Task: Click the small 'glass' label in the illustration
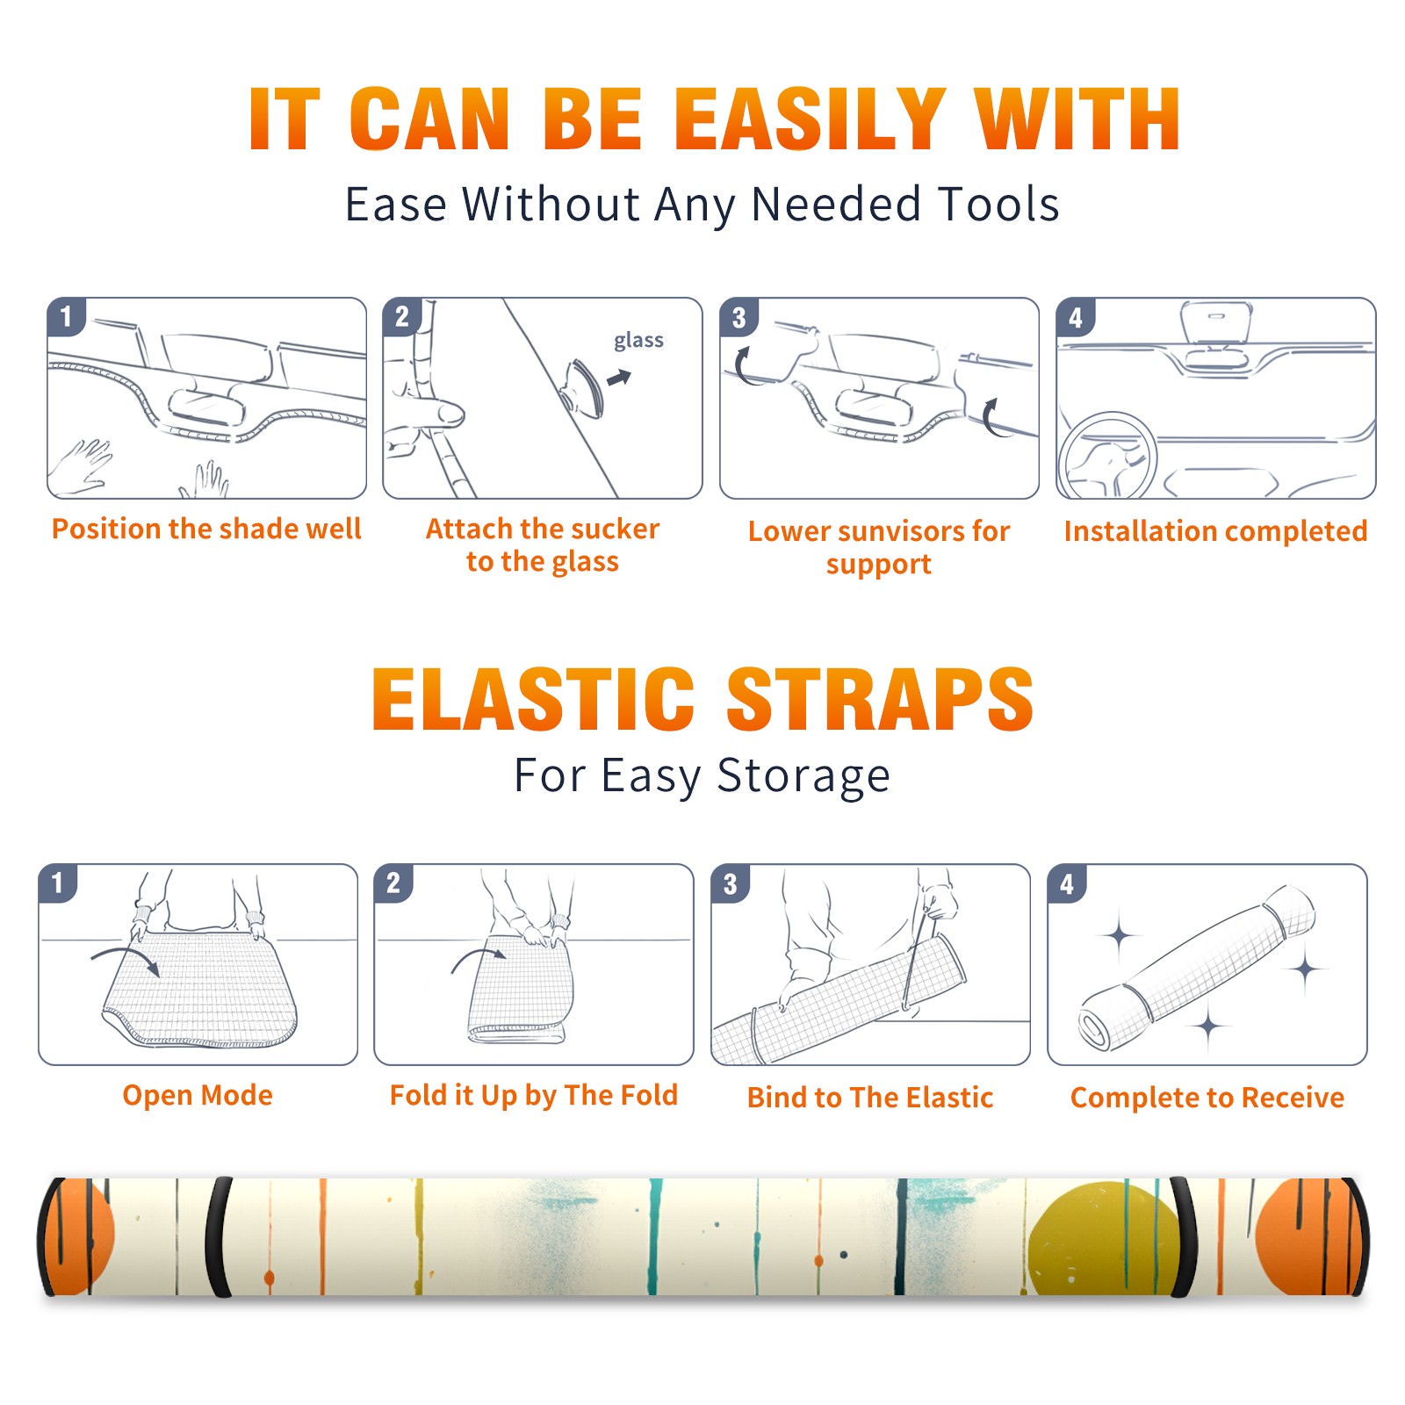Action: [x=638, y=340]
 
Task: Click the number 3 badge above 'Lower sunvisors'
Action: [x=739, y=317]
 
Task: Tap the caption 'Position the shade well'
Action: [x=206, y=529]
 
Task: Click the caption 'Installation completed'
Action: [x=1215, y=530]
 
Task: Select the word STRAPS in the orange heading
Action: [x=880, y=699]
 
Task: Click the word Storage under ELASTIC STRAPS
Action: [x=803, y=776]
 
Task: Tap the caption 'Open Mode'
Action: [x=198, y=1095]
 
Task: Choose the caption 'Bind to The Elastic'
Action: [x=869, y=1098]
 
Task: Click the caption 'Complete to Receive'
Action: [x=1207, y=1098]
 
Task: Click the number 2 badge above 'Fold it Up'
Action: [x=393, y=883]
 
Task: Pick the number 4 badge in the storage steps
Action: [x=1066, y=883]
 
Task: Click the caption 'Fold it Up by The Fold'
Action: [x=534, y=1095]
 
